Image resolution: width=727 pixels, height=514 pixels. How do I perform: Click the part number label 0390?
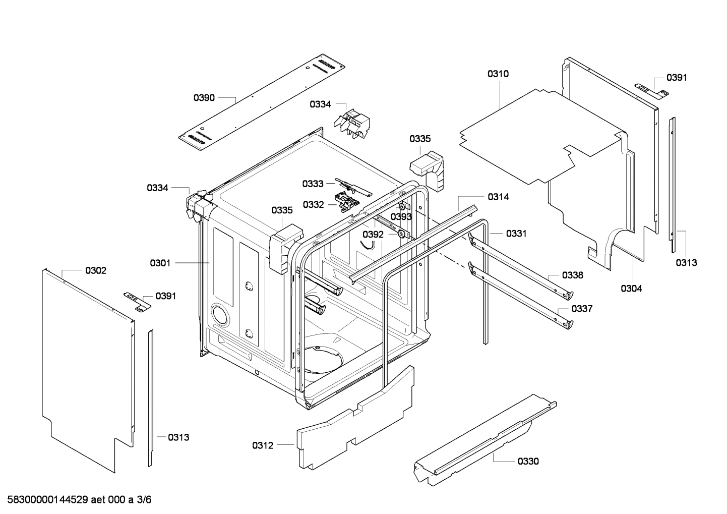[x=204, y=98]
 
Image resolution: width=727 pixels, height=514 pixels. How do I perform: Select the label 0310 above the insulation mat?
[x=498, y=74]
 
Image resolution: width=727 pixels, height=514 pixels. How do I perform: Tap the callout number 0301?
[x=160, y=263]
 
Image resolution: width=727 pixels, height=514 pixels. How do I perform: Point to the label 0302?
[x=96, y=270]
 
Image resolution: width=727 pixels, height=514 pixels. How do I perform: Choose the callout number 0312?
[x=263, y=445]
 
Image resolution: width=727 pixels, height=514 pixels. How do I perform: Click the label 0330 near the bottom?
[x=528, y=462]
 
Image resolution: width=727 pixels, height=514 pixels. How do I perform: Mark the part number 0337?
[x=582, y=309]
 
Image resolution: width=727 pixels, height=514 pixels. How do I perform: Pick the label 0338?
[x=573, y=275]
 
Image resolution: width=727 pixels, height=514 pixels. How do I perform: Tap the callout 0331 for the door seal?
[x=516, y=234]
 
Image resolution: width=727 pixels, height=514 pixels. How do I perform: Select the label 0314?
[x=499, y=197]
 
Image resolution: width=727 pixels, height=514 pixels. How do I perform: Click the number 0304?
[x=631, y=289]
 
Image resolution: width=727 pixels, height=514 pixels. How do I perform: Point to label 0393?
[x=401, y=216]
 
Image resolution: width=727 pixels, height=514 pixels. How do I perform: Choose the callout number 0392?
[x=373, y=235]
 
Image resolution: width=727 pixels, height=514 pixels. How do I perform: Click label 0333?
[x=313, y=184]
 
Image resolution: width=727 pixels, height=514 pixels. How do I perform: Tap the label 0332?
[x=314, y=205]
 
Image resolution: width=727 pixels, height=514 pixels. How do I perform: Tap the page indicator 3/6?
[x=144, y=499]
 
